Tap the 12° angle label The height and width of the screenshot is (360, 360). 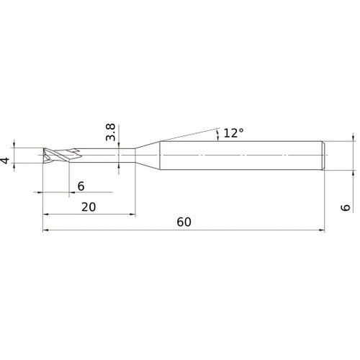point(233,132)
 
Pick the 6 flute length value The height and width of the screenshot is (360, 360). point(81,186)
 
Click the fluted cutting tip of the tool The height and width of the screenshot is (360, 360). point(56,156)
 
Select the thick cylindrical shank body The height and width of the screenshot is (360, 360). point(238,156)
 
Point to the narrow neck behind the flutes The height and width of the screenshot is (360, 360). point(108,156)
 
